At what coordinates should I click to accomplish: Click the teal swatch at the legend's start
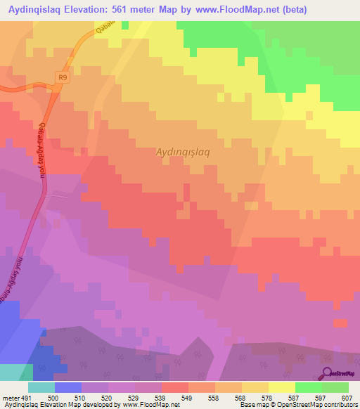[41, 387]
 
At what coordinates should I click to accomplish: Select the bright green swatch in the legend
[309, 387]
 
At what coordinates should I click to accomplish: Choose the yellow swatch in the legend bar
[255, 387]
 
